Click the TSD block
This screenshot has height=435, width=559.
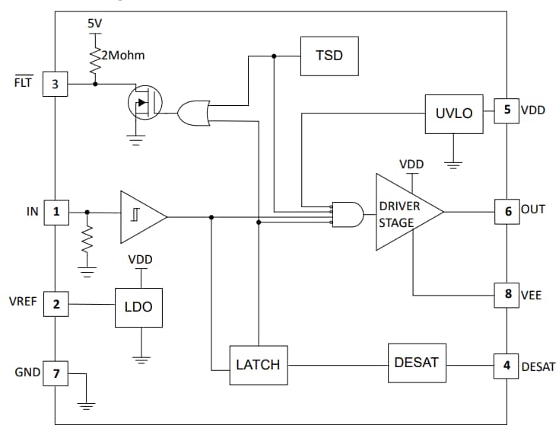329,55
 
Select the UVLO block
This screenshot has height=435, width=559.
453,114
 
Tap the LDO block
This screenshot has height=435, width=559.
138,307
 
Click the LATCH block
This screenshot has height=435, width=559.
258,365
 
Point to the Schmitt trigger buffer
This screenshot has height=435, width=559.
140,217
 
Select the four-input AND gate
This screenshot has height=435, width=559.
347,216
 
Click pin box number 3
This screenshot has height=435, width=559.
55,84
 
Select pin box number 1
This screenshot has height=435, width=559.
55,212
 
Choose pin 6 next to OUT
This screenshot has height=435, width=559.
507,212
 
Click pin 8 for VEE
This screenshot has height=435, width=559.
507,295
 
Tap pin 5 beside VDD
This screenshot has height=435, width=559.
507,110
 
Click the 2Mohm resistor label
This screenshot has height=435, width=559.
123,56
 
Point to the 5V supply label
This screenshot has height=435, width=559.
94,24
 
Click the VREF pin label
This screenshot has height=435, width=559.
22,302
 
